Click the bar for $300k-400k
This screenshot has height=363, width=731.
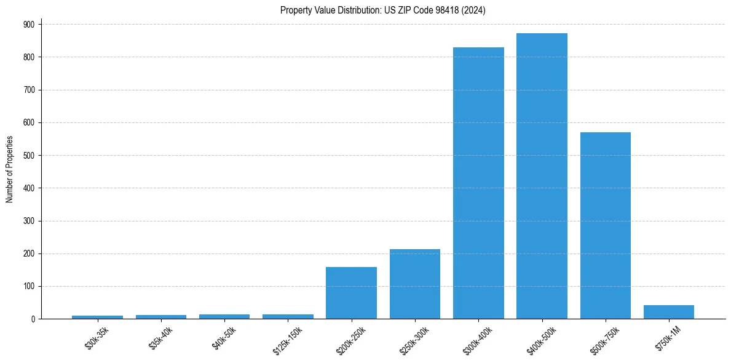[x=478, y=183]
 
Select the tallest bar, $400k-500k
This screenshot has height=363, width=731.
[x=542, y=176]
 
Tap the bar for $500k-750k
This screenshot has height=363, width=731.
[x=605, y=226]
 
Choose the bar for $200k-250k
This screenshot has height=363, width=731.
[x=351, y=293]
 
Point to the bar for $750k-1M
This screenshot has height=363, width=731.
[x=668, y=312]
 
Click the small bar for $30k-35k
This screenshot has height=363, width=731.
[x=97, y=317]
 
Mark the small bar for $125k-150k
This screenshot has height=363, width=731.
[x=288, y=316]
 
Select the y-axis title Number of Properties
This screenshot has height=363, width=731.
[x=10, y=169]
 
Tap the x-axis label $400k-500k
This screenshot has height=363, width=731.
[x=539, y=339]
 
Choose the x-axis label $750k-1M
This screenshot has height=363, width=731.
[x=667, y=337]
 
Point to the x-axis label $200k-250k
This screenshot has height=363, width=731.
[x=348, y=339]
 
